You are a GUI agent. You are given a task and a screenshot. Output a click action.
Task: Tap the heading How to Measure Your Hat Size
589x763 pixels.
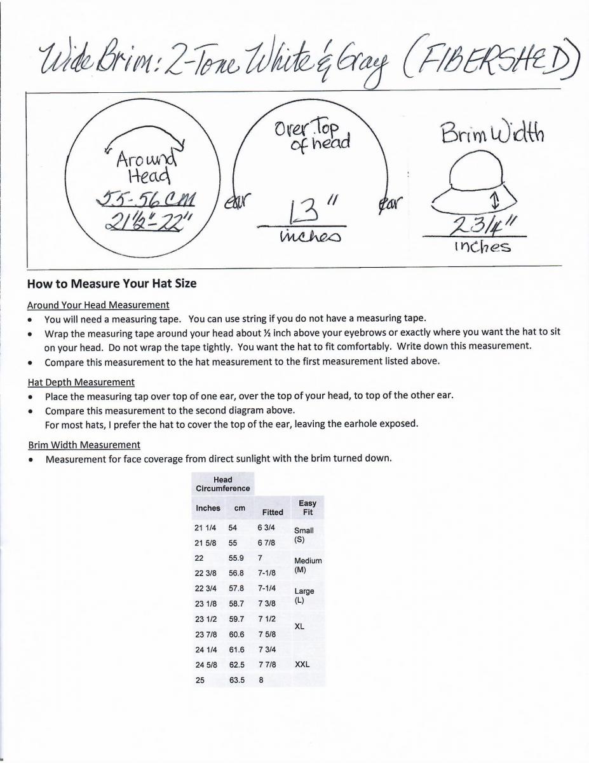point(112,284)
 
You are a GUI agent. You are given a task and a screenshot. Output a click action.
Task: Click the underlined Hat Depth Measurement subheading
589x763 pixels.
point(81,382)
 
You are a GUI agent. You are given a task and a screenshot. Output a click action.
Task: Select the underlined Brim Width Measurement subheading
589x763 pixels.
point(84,444)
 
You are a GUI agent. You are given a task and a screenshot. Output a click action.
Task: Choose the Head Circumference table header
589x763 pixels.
point(222,484)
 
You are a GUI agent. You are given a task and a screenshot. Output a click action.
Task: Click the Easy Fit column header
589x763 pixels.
point(308,507)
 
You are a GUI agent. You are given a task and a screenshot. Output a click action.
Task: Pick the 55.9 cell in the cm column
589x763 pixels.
point(237,557)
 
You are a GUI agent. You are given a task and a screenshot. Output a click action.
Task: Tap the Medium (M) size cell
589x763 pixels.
point(308,565)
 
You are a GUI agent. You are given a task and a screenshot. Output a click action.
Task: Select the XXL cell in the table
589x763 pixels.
point(302,664)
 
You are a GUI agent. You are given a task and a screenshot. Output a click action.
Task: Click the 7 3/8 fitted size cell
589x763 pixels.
point(267,603)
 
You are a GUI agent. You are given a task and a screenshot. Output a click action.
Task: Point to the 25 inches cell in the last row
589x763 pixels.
point(200,679)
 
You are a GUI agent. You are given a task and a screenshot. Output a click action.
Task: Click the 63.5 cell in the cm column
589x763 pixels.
point(237,679)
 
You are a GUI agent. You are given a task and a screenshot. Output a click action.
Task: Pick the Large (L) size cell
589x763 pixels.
point(304,595)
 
